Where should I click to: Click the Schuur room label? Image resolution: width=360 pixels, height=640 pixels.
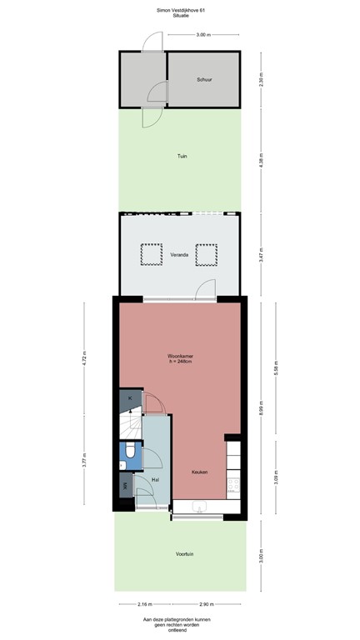(x=204, y=80)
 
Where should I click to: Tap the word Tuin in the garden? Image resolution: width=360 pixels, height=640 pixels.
(x=181, y=156)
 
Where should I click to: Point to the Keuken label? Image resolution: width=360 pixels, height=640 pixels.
(x=199, y=472)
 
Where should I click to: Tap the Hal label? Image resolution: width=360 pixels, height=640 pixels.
(x=156, y=480)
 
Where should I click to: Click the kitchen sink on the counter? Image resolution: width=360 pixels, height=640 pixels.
(x=199, y=506)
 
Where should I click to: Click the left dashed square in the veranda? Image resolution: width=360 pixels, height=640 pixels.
(x=151, y=253)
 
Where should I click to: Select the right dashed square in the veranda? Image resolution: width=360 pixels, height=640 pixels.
(x=206, y=253)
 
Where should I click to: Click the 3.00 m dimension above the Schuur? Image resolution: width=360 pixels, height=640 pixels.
(x=202, y=35)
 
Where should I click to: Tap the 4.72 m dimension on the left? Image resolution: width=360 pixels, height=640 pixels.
(x=82, y=360)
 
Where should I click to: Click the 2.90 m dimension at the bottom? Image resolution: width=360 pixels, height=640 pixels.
(x=205, y=605)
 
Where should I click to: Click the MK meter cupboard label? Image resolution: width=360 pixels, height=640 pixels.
(x=126, y=486)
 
